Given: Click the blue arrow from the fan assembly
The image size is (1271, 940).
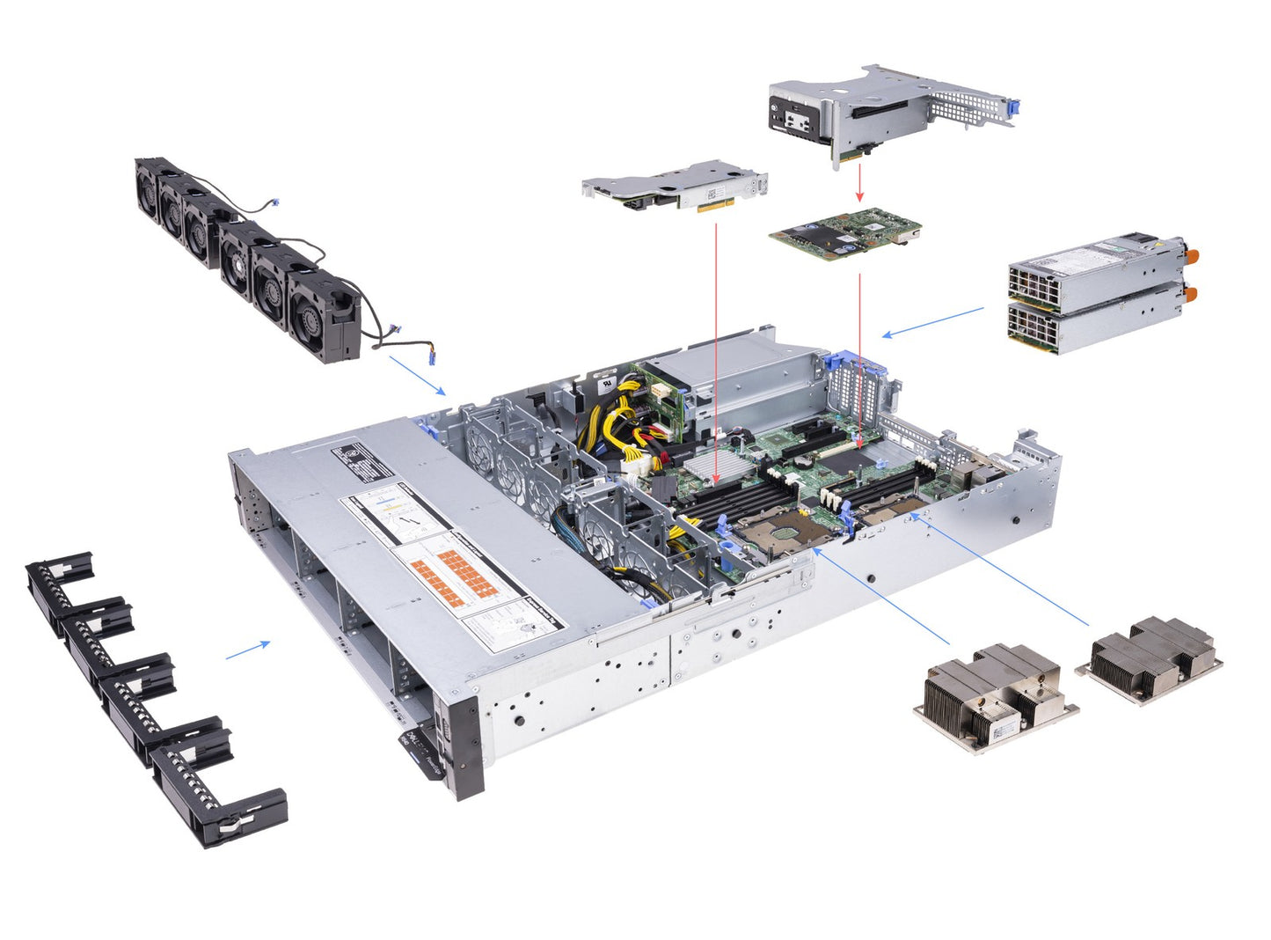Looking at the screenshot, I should [x=417, y=375].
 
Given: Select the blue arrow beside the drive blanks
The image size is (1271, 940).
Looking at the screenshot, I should [x=248, y=650].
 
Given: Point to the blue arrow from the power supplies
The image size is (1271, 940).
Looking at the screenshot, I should [x=932, y=321].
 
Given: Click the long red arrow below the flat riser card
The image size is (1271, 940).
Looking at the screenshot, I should [x=717, y=352].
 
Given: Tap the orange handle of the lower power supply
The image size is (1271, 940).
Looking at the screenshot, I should [x=1191, y=294].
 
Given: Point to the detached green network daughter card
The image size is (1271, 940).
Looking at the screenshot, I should [x=845, y=234].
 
